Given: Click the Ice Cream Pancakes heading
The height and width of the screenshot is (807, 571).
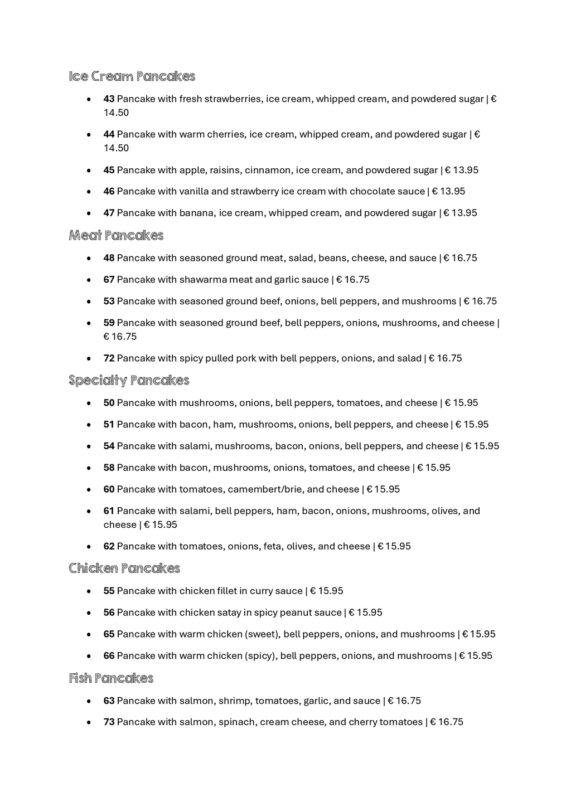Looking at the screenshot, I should tap(132, 76).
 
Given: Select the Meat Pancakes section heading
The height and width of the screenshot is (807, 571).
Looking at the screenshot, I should tap(116, 236).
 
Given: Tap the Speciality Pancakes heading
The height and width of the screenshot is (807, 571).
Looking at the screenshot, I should tap(129, 381).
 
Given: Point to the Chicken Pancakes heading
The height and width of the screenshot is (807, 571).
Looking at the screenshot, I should tap(124, 568).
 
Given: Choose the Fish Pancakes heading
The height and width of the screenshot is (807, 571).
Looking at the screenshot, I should tap(111, 678).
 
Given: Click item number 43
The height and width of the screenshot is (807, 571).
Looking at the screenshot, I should tap(109, 99).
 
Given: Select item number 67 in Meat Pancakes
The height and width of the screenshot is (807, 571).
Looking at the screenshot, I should tap(109, 280).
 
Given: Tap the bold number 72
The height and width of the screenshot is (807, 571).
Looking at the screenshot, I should tap(109, 358).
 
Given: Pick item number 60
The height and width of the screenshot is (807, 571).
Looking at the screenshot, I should tap(109, 489).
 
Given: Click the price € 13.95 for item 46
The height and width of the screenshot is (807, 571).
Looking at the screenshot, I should tap(448, 192).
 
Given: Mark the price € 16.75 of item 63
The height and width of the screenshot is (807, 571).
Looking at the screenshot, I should tap(404, 701).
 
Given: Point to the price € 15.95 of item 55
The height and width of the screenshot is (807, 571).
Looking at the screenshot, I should tap(327, 591).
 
